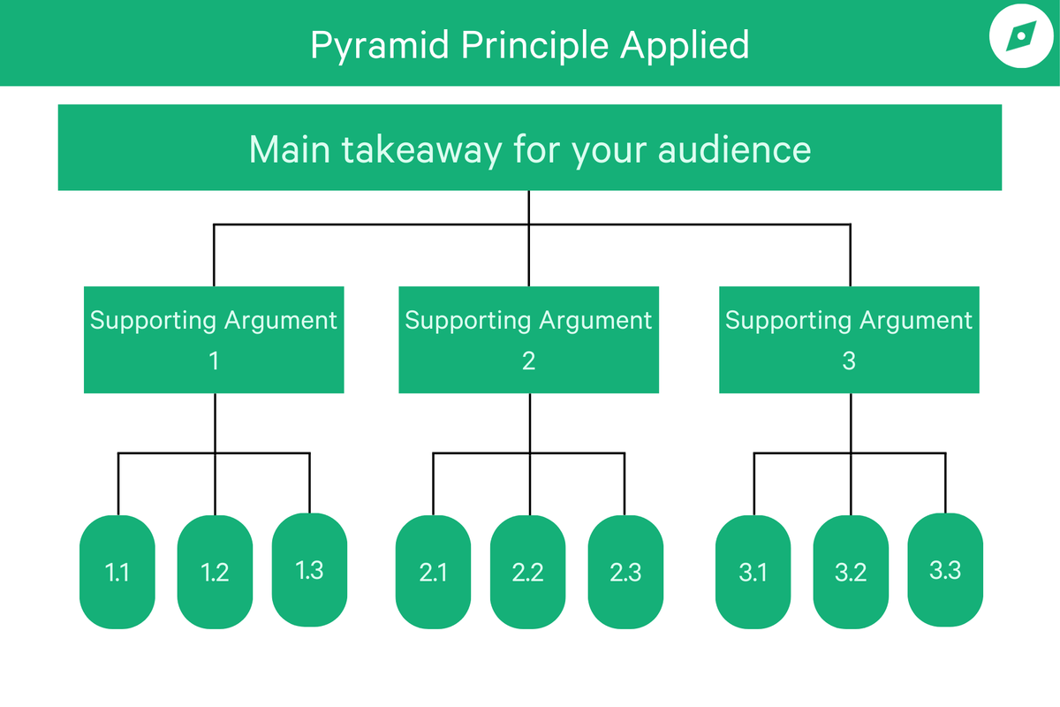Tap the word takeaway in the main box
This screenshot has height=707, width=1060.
(x=413, y=149)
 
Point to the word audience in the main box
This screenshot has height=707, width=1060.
(x=735, y=149)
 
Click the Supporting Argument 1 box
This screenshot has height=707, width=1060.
(x=214, y=339)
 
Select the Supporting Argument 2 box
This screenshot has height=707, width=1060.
(x=528, y=339)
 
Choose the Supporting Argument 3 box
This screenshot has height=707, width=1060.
(x=849, y=339)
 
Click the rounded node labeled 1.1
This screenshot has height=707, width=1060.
(x=117, y=572)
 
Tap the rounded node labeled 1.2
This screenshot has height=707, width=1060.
(x=216, y=572)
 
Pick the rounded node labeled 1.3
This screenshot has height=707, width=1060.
(x=310, y=569)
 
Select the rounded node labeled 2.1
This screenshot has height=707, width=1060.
(x=433, y=572)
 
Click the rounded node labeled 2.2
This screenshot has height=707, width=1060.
(x=528, y=572)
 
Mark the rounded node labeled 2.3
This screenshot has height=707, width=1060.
(x=625, y=572)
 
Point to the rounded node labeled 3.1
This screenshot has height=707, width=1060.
(x=753, y=572)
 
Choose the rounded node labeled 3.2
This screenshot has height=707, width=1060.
(x=851, y=572)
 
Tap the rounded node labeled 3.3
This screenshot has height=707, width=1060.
(x=945, y=569)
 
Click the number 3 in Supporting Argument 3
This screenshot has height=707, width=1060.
(x=849, y=361)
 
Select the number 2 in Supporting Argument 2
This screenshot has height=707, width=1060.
(x=528, y=361)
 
